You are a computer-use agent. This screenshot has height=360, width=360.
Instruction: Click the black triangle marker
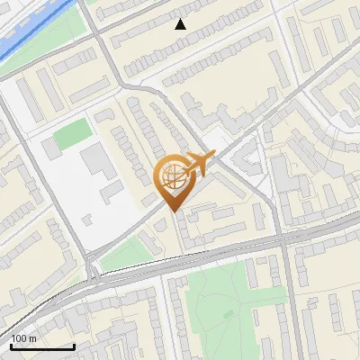coord(181,24)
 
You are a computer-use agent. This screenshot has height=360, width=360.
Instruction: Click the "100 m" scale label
coord(23,337)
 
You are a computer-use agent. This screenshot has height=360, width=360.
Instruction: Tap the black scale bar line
coord(42,346)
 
